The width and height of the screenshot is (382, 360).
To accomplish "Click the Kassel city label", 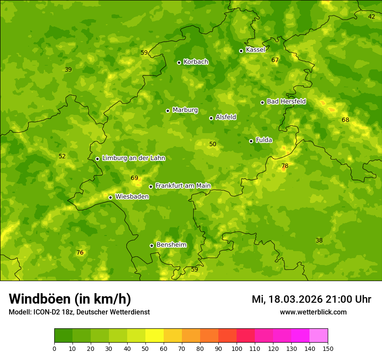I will coord(255,50).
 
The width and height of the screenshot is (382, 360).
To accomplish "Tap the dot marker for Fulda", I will coord(251,141).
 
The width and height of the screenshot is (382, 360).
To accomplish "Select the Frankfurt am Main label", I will coord(183,186).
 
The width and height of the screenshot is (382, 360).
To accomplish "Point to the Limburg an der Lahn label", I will coord(133,158).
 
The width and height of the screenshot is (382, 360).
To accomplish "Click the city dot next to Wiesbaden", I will coord(111,197).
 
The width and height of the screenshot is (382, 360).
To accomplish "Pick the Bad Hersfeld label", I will coord(286,101).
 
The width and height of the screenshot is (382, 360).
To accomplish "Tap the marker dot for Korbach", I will coord(179,62).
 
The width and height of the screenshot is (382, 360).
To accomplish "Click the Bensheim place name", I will coord(171,245).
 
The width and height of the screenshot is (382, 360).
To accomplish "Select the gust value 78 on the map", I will coord(285,166).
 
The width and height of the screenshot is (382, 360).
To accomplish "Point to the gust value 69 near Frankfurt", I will coord(135,178).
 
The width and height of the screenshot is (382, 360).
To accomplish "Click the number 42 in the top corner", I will coord(372,16).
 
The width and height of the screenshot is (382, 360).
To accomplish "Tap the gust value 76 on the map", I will coord(80,252).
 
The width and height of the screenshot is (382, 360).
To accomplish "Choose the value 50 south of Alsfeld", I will coord(213,144).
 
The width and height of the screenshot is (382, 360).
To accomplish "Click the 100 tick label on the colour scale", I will coord(237,348).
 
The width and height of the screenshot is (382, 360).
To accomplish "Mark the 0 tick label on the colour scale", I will coord(54,348).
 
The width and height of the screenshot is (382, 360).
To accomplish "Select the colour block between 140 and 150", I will coord(319,335).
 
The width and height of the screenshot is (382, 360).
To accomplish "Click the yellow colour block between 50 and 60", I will coord(155,335).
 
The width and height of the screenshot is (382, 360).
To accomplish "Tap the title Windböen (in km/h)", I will coord(70,299).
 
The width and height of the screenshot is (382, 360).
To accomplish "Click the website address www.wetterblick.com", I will coord(313,312).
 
